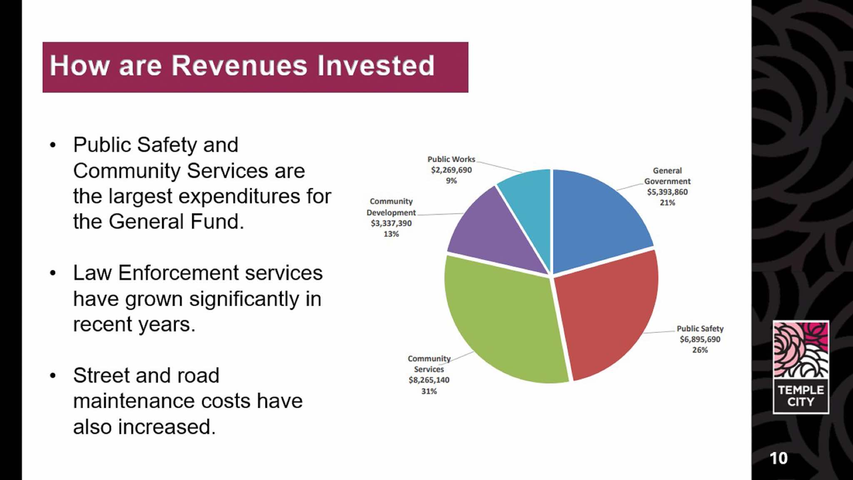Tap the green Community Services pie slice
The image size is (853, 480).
coord(504,325)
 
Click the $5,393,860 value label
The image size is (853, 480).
coord(667,192)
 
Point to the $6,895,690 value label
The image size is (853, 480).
coord(700,339)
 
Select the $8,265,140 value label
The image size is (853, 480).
coord(429,380)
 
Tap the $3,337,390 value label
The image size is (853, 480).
coord(391,223)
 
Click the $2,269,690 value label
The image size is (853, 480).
coord(451,170)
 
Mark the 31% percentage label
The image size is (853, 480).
coord(429,391)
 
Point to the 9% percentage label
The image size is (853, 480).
coord(451,181)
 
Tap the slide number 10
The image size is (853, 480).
coord(778,458)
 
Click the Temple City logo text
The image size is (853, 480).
coord(801,396)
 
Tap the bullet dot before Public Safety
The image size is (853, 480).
coord(52,145)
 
